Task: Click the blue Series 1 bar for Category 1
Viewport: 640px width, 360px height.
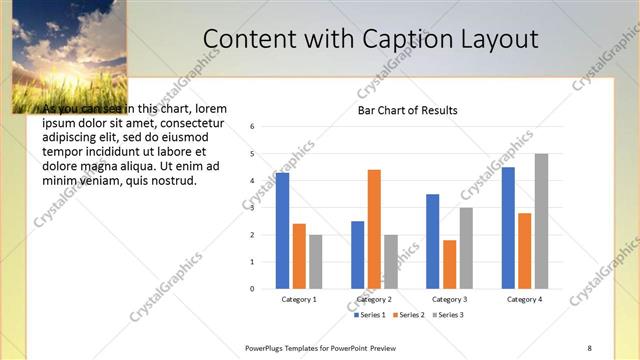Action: pyautogui.click(x=283, y=230)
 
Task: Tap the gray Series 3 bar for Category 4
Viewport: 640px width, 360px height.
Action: pyautogui.click(x=541, y=221)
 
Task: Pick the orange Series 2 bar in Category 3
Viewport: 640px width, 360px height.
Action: pyautogui.click(x=449, y=264)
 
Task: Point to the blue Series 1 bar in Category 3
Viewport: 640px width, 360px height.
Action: pyautogui.click(x=432, y=241)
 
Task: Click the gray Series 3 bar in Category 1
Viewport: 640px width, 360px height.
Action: pyautogui.click(x=316, y=261)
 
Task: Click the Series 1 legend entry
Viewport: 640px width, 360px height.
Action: pyautogui.click(x=371, y=315)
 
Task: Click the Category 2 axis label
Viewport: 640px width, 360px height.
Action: pyautogui.click(x=374, y=299)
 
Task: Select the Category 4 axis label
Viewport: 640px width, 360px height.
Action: pyautogui.click(x=524, y=299)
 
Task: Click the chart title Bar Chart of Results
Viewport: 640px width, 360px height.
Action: pyautogui.click(x=408, y=110)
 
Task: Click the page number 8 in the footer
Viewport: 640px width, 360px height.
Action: pyautogui.click(x=589, y=348)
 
